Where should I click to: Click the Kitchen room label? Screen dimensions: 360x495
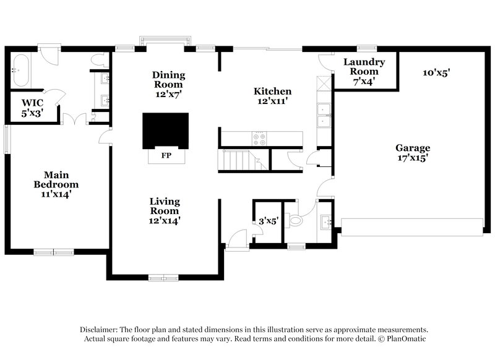(272, 95)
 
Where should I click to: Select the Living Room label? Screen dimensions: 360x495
(165, 210)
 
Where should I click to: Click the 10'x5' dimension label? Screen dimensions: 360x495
(436, 72)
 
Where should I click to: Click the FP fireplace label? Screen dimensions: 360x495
(166, 155)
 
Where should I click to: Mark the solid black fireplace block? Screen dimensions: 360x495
(166, 131)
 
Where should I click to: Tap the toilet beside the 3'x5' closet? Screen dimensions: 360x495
(295, 220)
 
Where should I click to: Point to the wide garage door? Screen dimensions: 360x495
(413, 226)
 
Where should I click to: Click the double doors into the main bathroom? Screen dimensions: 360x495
(73, 119)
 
